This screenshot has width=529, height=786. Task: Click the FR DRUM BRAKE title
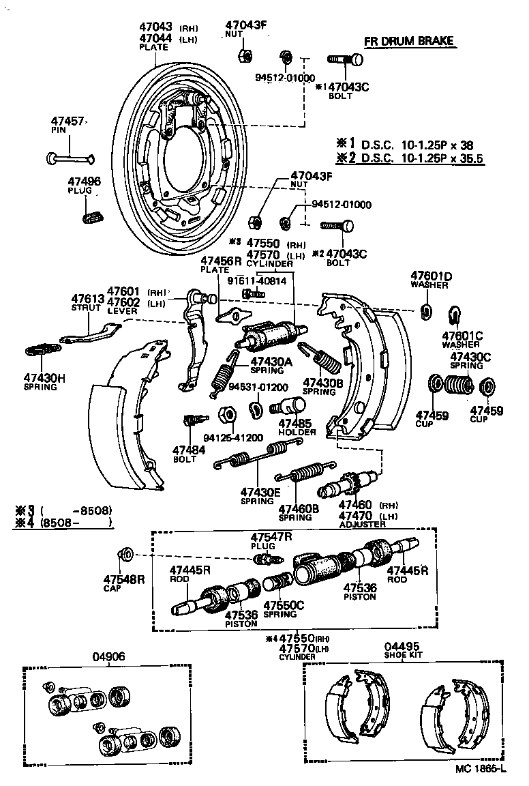coord(408,42)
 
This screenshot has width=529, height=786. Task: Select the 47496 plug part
coord(91,218)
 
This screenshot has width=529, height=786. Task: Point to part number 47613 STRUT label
coord(87,302)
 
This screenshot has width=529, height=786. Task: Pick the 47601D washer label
coord(430,280)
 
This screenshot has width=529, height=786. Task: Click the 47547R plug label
coord(271,540)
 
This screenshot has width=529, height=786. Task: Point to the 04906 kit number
coord(108,657)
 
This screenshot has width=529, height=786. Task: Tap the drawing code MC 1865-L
coord(481,769)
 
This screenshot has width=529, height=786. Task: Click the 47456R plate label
coord(221,265)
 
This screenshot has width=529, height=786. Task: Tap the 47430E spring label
coord(260,495)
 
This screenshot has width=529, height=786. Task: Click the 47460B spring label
coord(299,512)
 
